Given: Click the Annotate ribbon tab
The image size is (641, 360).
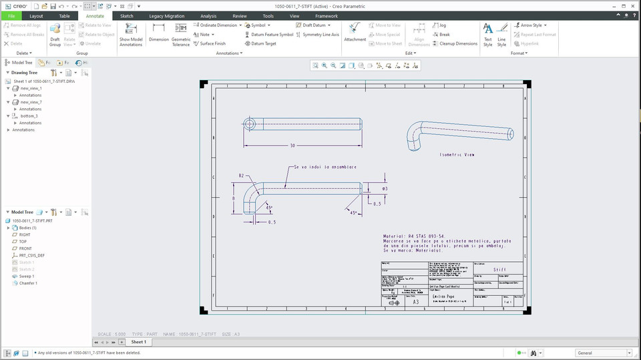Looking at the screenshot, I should coord(95,15).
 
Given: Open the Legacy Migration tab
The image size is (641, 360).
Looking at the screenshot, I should coord(166,15).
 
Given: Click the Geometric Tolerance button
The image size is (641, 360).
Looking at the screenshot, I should coord(181,32).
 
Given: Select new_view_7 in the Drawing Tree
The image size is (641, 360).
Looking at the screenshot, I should coord(31,102).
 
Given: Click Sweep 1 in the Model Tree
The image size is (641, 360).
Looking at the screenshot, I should coord(26,276).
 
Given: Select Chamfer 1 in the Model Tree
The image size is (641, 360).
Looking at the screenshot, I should coord(27,283).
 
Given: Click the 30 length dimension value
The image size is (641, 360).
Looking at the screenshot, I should coord(292,145).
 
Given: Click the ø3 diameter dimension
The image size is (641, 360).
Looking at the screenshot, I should coord(385,189).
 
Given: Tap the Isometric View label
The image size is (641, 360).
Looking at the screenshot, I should coord(457,154).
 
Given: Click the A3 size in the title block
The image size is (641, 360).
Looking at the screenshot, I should coord(415,302).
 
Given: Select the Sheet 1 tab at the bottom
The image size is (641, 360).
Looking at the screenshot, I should coord(138,342).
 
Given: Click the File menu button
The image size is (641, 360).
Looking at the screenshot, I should coord(11,15).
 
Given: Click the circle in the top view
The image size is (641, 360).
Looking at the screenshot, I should coord(250,124).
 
